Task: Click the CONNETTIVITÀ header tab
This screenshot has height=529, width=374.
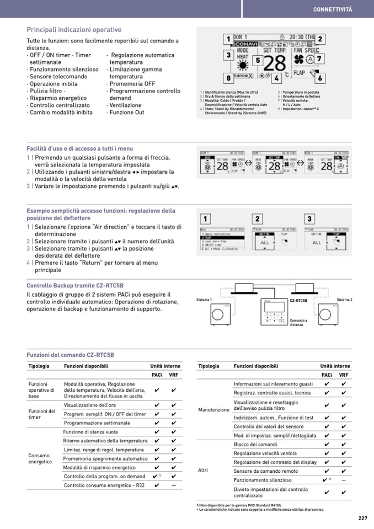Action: click(x=332, y=9)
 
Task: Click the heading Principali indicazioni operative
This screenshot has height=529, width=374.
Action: click(x=74, y=30)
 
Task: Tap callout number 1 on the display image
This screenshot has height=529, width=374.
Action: click(x=227, y=39)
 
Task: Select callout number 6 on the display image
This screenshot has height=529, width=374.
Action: click(x=319, y=78)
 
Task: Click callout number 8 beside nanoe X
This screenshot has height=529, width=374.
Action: click(x=227, y=78)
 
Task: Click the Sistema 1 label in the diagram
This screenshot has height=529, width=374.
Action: click(x=204, y=300)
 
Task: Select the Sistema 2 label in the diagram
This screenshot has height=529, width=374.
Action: click(x=344, y=300)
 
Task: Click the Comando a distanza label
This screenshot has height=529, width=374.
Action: click(x=298, y=323)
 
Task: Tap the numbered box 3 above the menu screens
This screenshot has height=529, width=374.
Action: click(x=309, y=218)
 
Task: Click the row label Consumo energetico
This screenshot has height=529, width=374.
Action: click(x=40, y=458)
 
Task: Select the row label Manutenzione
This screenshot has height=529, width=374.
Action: click(x=213, y=410)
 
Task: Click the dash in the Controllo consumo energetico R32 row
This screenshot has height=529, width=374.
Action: click(x=174, y=485)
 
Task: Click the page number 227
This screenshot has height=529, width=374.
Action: click(x=362, y=518)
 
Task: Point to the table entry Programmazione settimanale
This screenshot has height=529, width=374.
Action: click(x=97, y=423)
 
